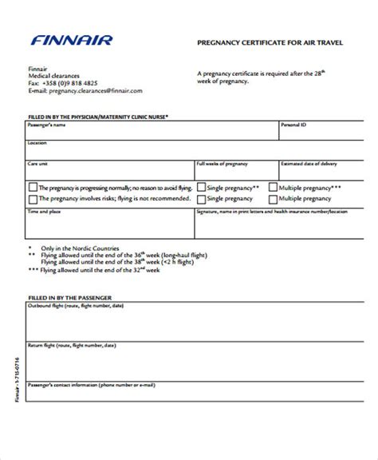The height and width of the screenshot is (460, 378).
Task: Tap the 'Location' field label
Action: [x=37, y=143]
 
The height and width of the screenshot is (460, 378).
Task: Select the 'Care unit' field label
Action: [x=37, y=162]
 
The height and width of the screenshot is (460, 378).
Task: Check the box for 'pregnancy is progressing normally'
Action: [x=32, y=188]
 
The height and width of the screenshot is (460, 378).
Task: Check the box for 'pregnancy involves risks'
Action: [x=32, y=200]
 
